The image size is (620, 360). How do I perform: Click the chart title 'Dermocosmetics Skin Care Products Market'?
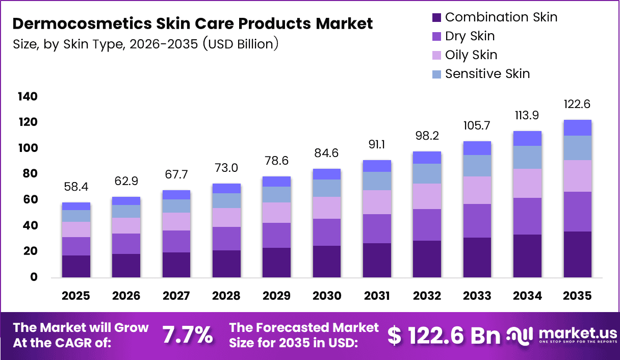[192, 23]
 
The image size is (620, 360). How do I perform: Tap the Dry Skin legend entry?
[469, 36]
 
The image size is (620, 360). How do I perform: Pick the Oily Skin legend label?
[471, 55]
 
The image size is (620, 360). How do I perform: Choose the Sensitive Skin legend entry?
[487, 74]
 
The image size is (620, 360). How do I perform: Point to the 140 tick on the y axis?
[28, 97]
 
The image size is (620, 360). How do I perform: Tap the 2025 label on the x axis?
[76, 296]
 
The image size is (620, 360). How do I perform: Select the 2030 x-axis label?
[327, 296]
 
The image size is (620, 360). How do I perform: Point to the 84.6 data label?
[327, 153]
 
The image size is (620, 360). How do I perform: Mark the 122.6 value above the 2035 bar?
[578, 104]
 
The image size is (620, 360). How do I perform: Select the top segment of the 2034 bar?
[527, 138]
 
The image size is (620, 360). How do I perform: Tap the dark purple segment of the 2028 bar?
[227, 264]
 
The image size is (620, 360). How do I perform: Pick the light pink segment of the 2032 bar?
[427, 196]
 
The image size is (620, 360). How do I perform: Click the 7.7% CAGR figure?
[187, 335]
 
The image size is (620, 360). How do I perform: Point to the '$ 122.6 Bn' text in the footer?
[444, 335]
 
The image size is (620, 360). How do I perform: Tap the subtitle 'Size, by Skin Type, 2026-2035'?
[145, 44]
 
